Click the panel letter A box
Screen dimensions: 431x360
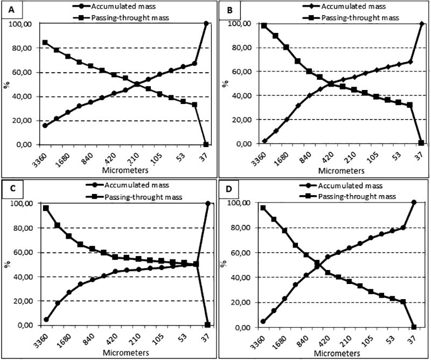pos(11,10)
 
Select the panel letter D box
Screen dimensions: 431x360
pos(228,189)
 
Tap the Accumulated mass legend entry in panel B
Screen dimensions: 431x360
pos(344,6)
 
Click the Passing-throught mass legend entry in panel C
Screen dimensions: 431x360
pos(134,197)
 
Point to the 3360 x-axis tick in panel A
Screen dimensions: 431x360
pos(39,161)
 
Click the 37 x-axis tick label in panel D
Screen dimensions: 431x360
pos(412,341)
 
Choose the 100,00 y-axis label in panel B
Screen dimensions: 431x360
pos(240,24)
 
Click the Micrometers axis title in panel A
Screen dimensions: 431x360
pos(125,170)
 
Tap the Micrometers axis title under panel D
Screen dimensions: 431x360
pos(337,353)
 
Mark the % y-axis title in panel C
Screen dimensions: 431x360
pos(7,264)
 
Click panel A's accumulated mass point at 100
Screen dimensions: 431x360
pos(206,24)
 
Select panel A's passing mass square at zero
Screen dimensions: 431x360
pos(206,144)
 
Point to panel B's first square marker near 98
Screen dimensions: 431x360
pos(264,26)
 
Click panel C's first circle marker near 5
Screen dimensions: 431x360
pos(46,319)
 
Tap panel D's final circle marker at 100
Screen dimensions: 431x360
pos(414,203)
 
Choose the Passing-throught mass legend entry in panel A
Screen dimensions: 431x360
pos(122,18)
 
